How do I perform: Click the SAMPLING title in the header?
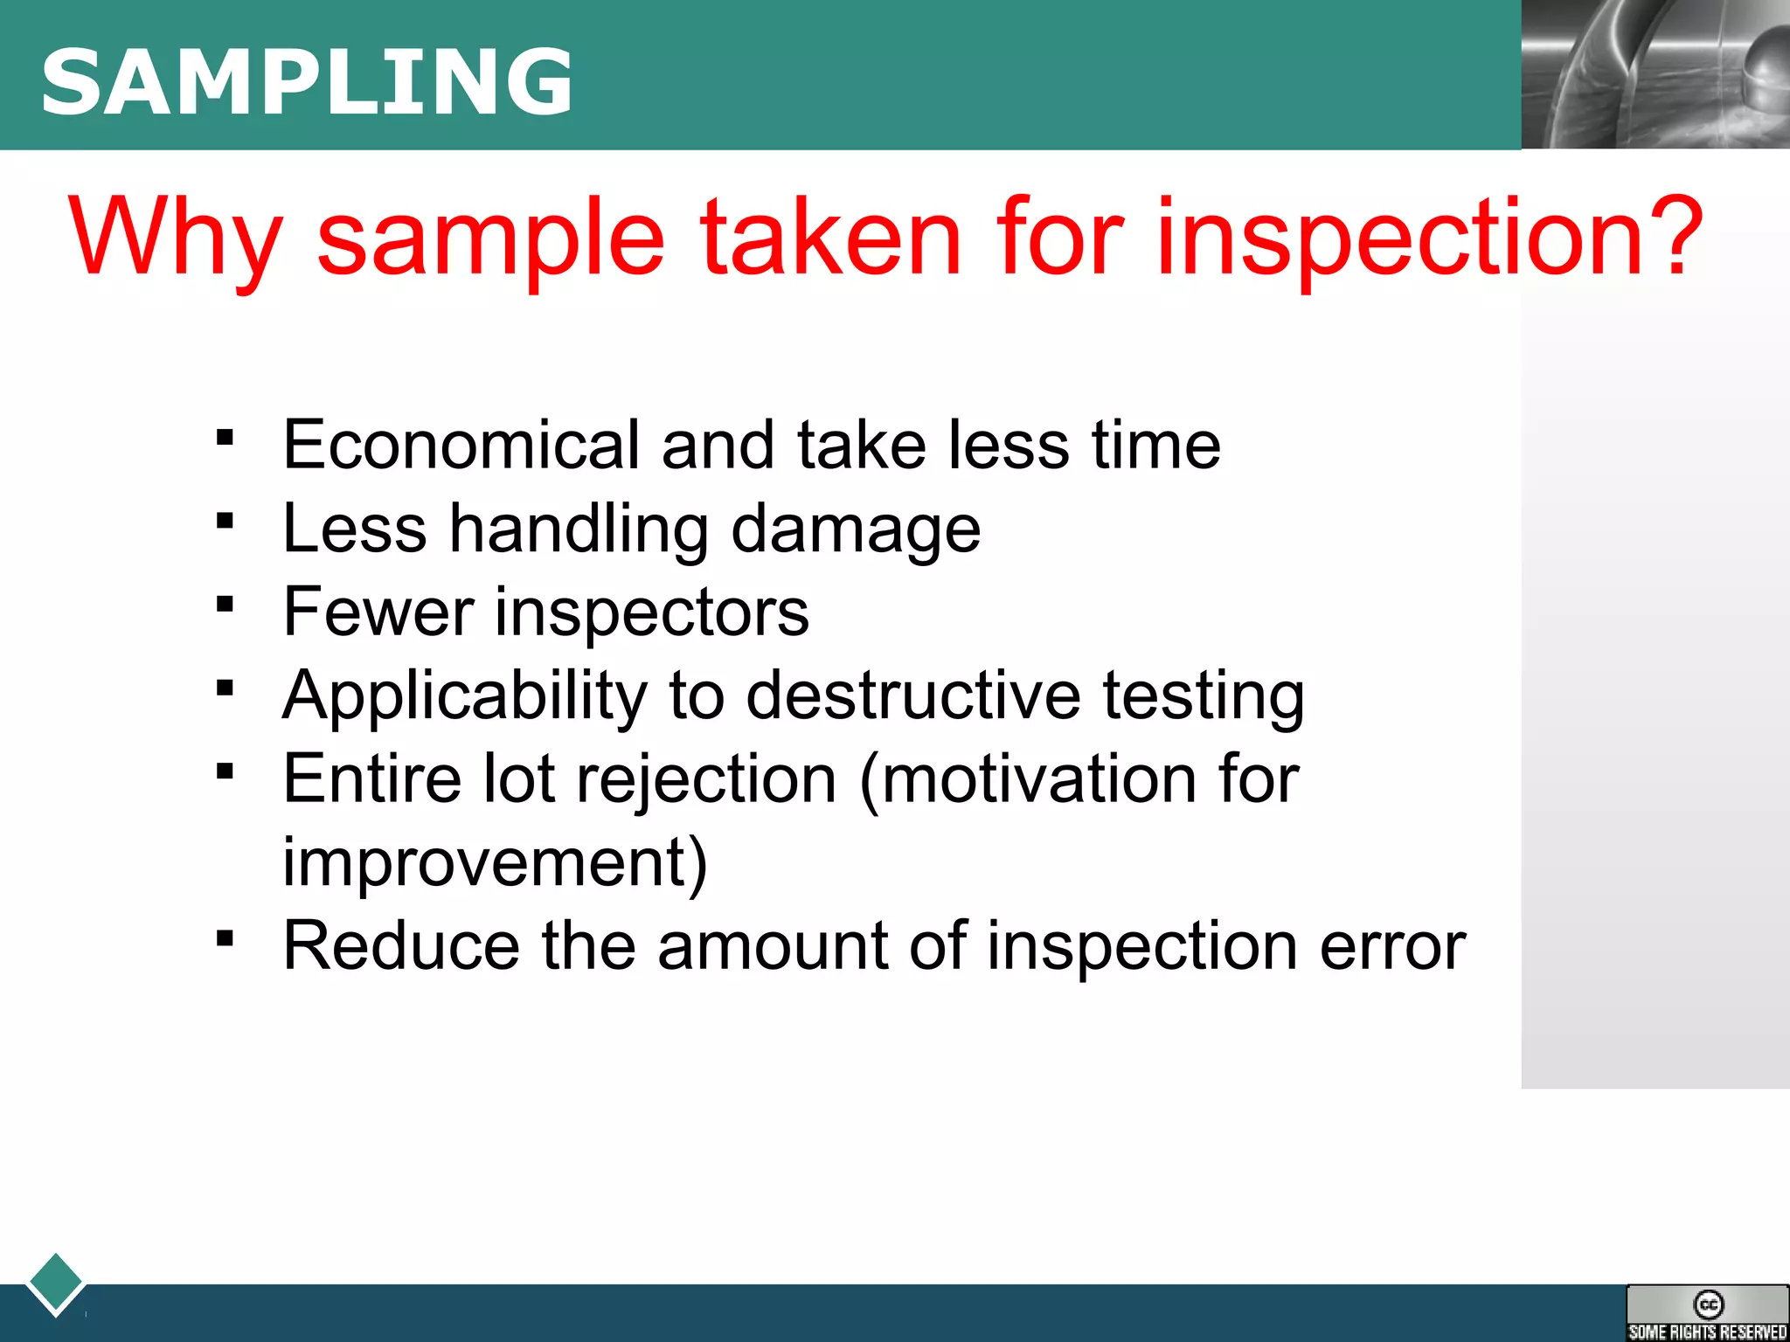[306, 82]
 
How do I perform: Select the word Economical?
[461, 445]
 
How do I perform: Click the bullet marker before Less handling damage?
[225, 522]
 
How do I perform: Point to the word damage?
[855, 530]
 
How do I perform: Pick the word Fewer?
[378, 612]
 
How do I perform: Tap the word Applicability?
[464, 696]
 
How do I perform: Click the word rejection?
[706, 780]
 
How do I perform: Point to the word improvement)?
[494, 862]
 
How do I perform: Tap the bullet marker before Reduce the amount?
[225, 938]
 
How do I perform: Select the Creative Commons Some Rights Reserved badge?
[1707, 1313]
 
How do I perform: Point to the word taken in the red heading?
[830, 236]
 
